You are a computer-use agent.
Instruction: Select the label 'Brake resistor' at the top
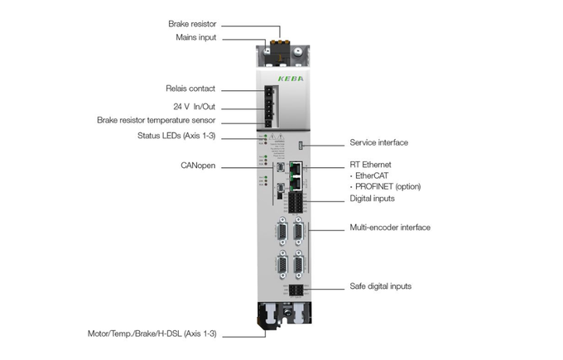(x=193, y=24)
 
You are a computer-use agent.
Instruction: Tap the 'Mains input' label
(x=196, y=37)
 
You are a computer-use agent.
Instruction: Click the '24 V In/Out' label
(x=195, y=107)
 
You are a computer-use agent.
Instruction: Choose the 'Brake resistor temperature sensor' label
(x=156, y=120)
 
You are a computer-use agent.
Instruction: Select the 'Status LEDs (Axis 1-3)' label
(x=176, y=136)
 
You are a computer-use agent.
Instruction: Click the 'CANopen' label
(x=198, y=166)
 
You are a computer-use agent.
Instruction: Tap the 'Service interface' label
(x=379, y=142)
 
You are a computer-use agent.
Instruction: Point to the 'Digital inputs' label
(x=373, y=199)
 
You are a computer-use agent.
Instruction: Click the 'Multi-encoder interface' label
(x=390, y=227)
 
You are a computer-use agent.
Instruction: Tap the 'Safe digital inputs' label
(x=381, y=286)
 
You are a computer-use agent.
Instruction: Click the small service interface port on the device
(x=301, y=145)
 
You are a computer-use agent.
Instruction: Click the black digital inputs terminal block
(x=296, y=202)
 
